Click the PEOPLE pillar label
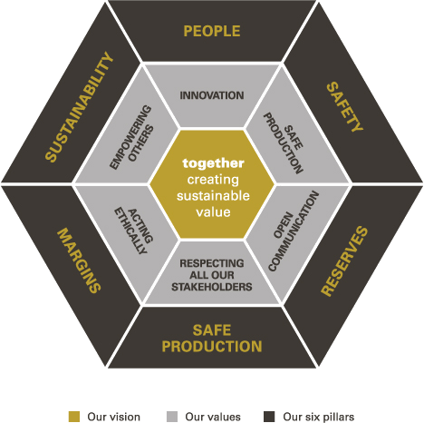click(x=212, y=31)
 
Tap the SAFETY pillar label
click(x=344, y=107)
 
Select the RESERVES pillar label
click(x=344, y=261)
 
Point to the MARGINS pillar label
click(x=79, y=261)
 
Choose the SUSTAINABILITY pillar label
click(x=80, y=107)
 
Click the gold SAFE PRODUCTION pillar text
click(x=212, y=339)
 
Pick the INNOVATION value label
click(x=212, y=95)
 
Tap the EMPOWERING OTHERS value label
click(x=131, y=137)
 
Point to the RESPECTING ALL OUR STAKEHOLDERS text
click(x=212, y=275)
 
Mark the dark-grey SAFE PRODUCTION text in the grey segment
click(x=284, y=143)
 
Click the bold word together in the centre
click(x=213, y=163)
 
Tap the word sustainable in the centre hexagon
click(x=213, y=196)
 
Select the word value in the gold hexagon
click(x=213, y=211)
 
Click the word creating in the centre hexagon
click(x=213, y=180)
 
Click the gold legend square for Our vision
click(x=74, y=417)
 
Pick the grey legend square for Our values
click(x=172, y=417)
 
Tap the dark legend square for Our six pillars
click(x=269, y=417)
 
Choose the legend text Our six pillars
click(x=319, y=417)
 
